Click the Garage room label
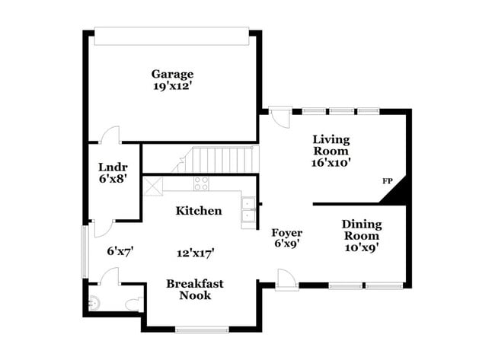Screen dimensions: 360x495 (171, 74)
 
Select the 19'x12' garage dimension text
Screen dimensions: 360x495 (171, 87)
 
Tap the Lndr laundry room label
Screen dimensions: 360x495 (113, 167)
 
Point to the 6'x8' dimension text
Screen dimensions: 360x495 (113, 180)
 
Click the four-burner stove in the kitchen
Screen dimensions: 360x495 (201, 183)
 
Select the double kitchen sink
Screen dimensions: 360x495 (249, 212)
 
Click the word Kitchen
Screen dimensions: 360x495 (199, 211)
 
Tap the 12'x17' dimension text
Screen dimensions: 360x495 (195, 253)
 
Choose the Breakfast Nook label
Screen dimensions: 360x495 (195, 289)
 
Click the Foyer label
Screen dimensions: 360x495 (287, 233)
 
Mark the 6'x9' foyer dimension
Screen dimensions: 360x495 (287, 244)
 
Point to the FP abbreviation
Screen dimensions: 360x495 (387, 182)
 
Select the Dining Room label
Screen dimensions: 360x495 (361, 230)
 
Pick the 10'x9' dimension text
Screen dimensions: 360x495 (361, 247)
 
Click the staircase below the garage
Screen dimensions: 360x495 (221, 160)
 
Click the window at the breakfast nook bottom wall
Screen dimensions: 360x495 (202, 329)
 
